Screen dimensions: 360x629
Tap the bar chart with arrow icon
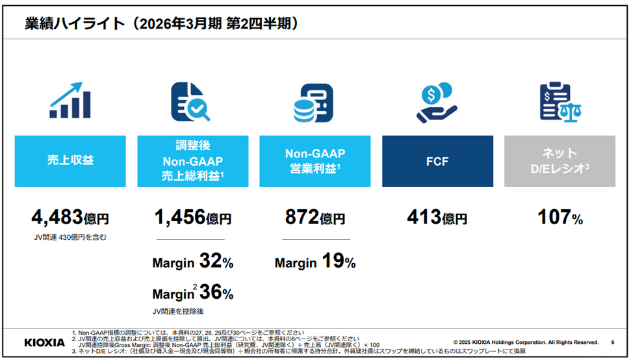click(70, 101)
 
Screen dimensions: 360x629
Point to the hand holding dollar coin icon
click(437, 101)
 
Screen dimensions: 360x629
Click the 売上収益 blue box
click(70, 161)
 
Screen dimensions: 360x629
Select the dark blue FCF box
click(437, 161)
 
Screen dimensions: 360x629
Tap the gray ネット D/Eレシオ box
click(559, 161)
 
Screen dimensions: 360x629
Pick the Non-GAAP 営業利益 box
click(314, 161)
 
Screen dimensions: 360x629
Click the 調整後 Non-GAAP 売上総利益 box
click(192, 161)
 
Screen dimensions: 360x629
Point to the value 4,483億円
click(70, 217)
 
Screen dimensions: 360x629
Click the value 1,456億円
click(192, 217)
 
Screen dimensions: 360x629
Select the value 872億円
click(314, 218)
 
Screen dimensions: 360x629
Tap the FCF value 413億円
click(437, 218)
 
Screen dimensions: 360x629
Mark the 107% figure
click(559, 218)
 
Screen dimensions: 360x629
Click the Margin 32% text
click(192, 262)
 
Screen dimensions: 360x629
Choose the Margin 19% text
click(314, 262)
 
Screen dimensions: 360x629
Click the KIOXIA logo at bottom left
click(44, 342)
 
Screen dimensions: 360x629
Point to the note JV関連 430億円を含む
click(70, 237)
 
